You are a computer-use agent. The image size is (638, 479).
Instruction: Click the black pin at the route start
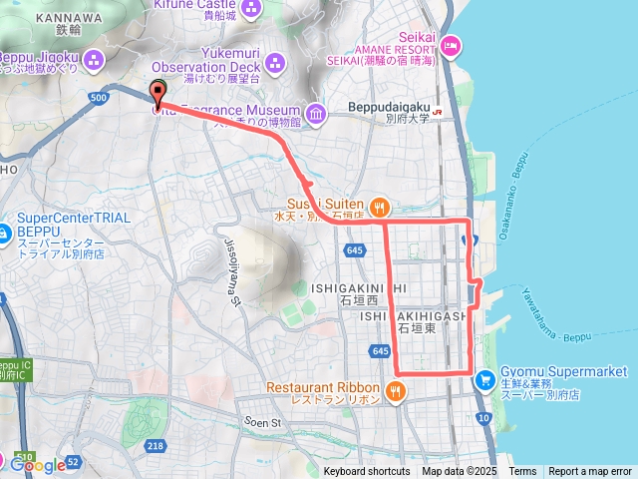[x=158, y=92]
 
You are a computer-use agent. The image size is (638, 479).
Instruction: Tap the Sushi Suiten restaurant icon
[x=379, y=208]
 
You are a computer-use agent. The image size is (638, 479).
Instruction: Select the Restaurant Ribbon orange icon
[x=396, y=390]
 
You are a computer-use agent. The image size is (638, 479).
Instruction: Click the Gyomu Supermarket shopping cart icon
[x=484, y=378]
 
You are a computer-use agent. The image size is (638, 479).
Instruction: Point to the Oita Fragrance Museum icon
[x=316, y=115]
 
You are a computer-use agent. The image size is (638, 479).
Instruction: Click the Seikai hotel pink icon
[x=451, y=44]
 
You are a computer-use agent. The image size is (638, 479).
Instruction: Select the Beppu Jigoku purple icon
[x=95, y=58]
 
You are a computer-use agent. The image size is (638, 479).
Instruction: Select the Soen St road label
[x=263, y=423]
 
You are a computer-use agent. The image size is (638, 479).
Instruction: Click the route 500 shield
[x=98, y=97]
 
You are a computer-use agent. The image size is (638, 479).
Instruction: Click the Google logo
[x=37, y=465]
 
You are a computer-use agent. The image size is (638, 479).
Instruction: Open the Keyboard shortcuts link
[x=366, y=471]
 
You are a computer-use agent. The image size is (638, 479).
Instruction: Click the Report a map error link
[x=590, y=471]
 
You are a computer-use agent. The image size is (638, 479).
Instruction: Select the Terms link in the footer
[x=522, y=471]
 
